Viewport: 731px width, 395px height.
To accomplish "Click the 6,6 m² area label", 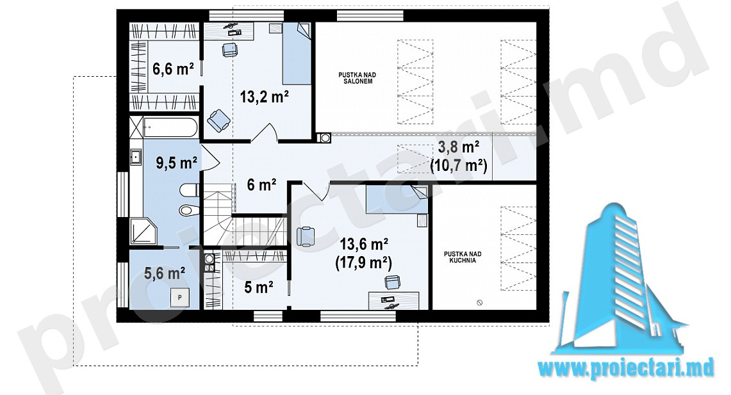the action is tap(173, 69).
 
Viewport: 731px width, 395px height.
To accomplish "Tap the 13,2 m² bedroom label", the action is tap(265, 97).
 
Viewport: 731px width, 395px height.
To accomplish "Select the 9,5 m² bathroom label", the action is tap(176, 163).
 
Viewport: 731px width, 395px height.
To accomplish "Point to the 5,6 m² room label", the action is tap(165, 273).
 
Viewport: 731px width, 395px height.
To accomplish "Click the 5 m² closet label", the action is tap(259, 287).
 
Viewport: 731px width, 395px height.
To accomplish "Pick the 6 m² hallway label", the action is tap(261, 185).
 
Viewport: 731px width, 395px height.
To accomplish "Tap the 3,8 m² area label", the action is tap(459, 147).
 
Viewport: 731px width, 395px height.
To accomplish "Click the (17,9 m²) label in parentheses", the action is tap(364, 262).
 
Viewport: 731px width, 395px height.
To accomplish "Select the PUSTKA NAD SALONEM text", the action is tap(357, 78).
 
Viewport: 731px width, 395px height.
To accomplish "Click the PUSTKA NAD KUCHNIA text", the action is tap(463, 257).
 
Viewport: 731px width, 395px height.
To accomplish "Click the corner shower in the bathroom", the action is tap(145, 232).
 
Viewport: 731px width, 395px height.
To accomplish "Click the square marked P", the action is tap(180, 297).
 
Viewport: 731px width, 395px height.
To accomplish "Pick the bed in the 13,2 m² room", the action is tap(297, 54).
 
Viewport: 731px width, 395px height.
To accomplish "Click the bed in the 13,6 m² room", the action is tap(397, 199).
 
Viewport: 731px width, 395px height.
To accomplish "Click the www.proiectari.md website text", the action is tap(626, 369).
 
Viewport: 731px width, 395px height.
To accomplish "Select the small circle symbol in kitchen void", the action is tap(479, 303).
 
